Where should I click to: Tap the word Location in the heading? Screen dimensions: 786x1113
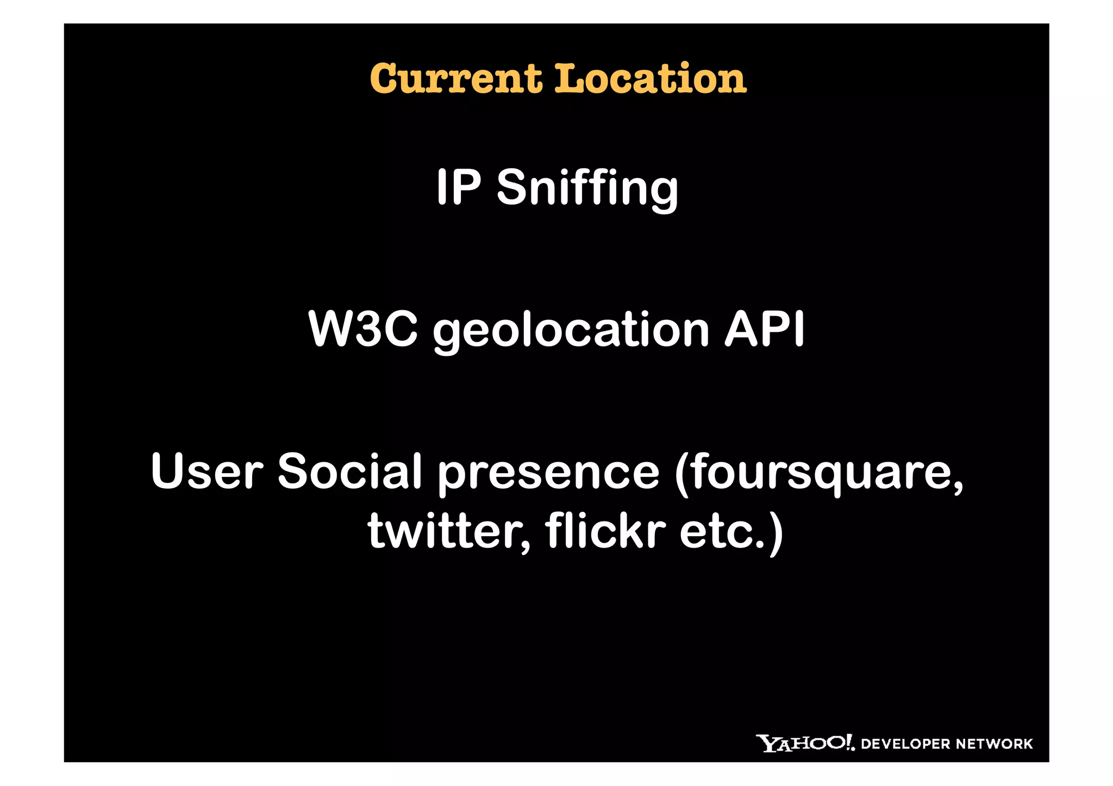tap(650, 79)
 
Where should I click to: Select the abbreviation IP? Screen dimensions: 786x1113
tap(458, 187)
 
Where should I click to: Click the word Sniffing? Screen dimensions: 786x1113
tap(587, 188)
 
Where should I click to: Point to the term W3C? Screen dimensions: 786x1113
tap(362, 329)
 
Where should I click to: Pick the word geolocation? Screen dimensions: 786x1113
tap(571, 330)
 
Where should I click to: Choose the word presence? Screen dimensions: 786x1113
tap(548, 473)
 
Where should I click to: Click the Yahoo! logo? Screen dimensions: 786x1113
tap(805, 743)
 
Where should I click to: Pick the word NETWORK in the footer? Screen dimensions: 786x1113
tap(994, 744)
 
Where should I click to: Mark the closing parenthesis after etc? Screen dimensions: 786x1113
tap(776, 533)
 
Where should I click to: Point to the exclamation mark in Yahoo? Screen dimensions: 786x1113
tap(848, 742)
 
